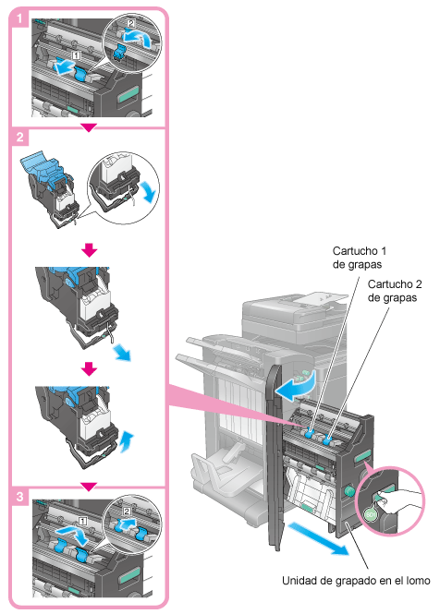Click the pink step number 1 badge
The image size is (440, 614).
pos(18,18)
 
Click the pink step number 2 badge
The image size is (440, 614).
pos(19,138)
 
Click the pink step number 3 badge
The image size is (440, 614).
pos(19,497)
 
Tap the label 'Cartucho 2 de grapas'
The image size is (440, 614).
pos(394,291)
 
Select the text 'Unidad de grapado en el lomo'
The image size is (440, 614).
pos(356,581)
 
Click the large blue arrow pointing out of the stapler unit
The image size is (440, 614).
pos(318,538)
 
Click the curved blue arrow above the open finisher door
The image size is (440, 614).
pos(295,387)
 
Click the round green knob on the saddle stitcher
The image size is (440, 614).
pos(348,490)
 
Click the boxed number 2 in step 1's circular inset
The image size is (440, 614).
pos(130,23)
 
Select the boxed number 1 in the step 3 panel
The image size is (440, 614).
pos(83,521)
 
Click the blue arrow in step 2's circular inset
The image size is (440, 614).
pos(150,191)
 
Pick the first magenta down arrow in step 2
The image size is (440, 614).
pos(90,250)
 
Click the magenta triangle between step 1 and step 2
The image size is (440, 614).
pos(89,128)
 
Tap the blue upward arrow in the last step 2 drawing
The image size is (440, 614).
pos(127,441)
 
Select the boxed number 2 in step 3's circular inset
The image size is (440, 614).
pos(127,512)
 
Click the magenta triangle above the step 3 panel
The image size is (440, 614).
pos(89,487)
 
